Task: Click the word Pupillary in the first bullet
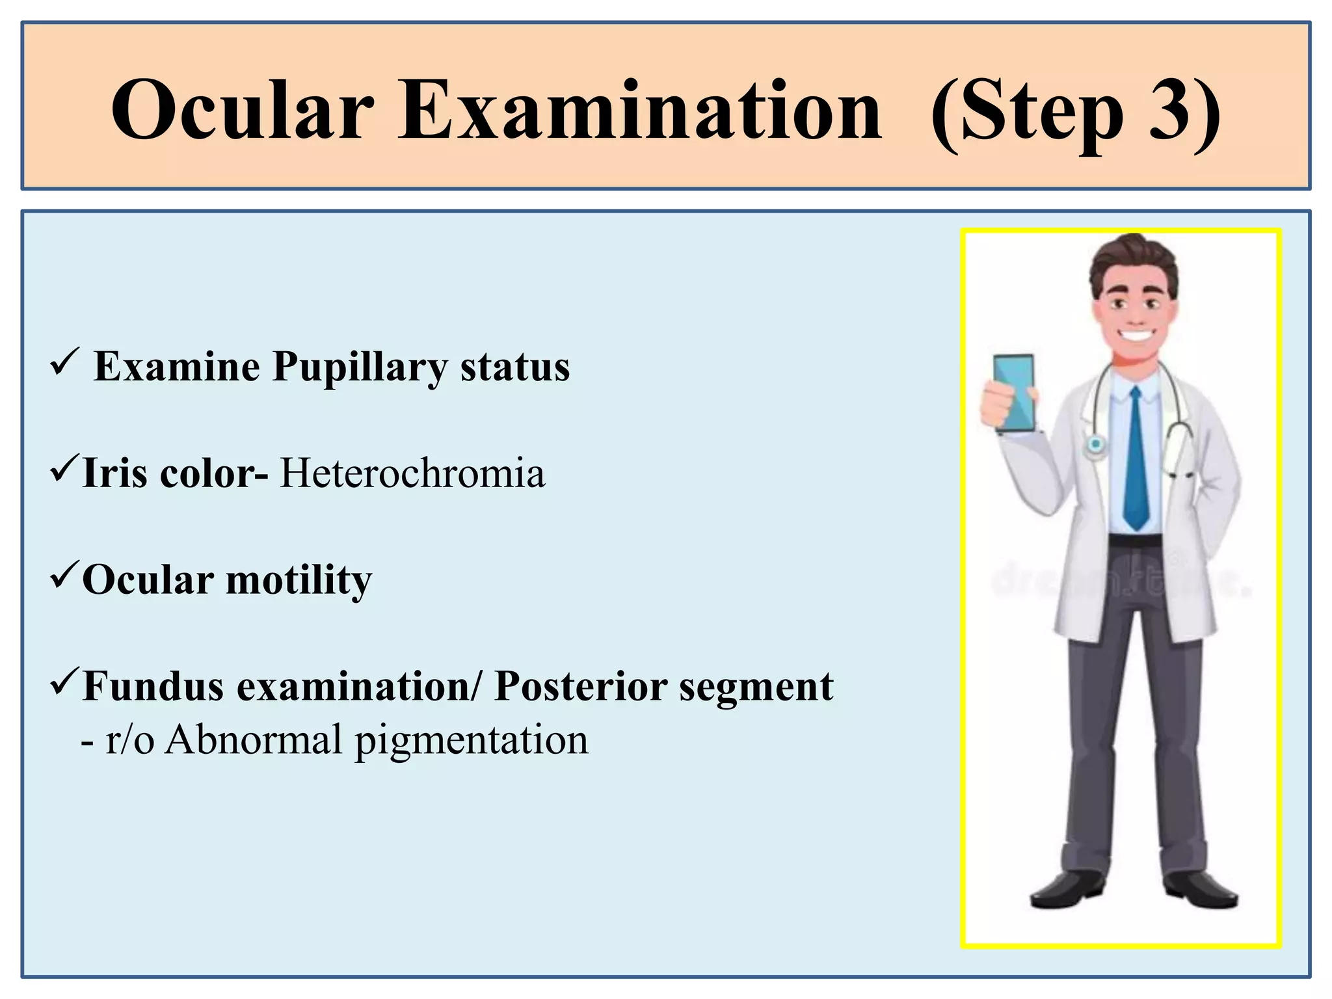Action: click(360, 367)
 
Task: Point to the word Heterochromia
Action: click(412, 473)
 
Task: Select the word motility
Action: click(299, 580)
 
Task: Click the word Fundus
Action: click(153, 687)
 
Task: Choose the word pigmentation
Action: click(471, 741)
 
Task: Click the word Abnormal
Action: click(253, 740)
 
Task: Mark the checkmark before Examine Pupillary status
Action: click(64, 362)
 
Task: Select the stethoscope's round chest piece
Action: click(1096, 445)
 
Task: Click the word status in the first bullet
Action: click(515, 367)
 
